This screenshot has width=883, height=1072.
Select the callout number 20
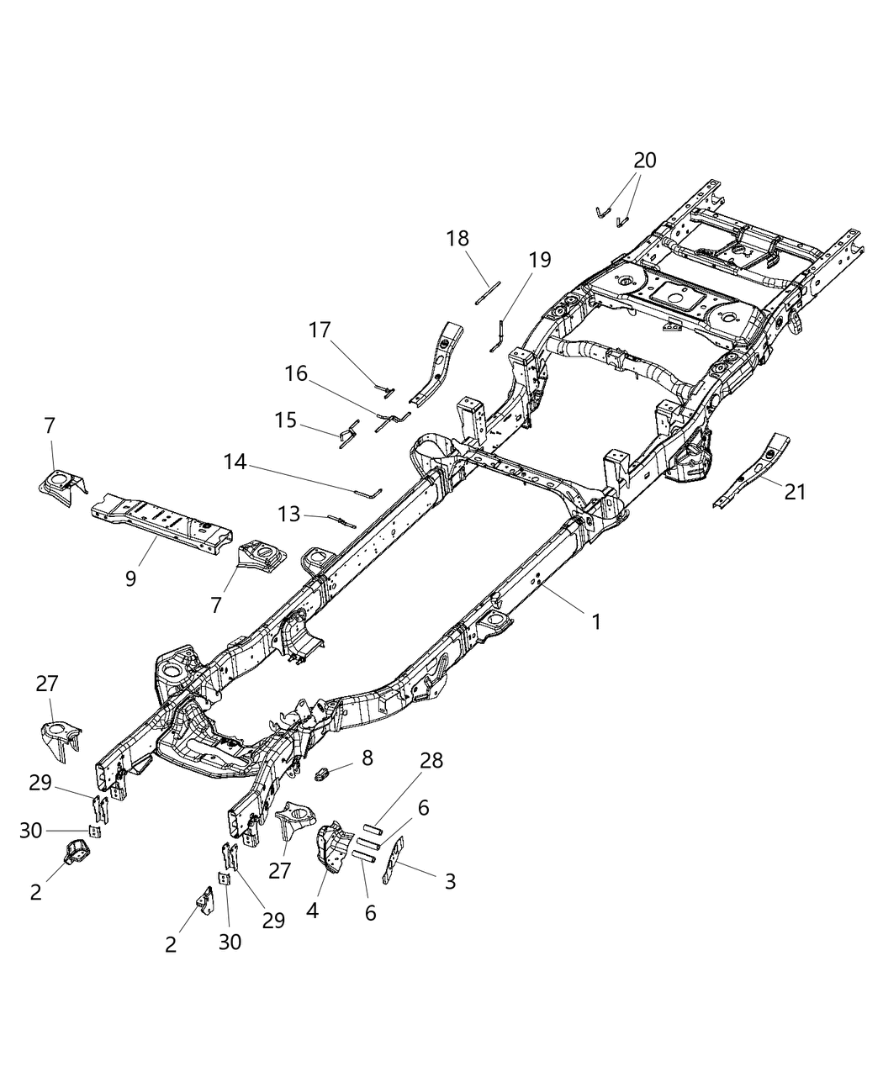[x=645, y=160]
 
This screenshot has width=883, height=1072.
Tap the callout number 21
[x=795, y=492]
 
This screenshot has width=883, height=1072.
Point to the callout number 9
[x=130, y=578]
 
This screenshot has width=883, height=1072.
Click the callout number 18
[x=458, y=238]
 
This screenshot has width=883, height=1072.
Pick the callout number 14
[x=235, y=462]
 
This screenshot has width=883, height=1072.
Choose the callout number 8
[x=366, y=758]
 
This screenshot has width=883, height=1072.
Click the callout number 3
[x=450, y=882]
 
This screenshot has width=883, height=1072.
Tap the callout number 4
[x=313, y=911]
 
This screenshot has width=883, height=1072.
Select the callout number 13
[x=288, y=513]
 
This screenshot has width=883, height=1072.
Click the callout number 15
[x=286, y=420]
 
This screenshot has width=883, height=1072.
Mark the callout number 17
[x=320, y=330]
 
